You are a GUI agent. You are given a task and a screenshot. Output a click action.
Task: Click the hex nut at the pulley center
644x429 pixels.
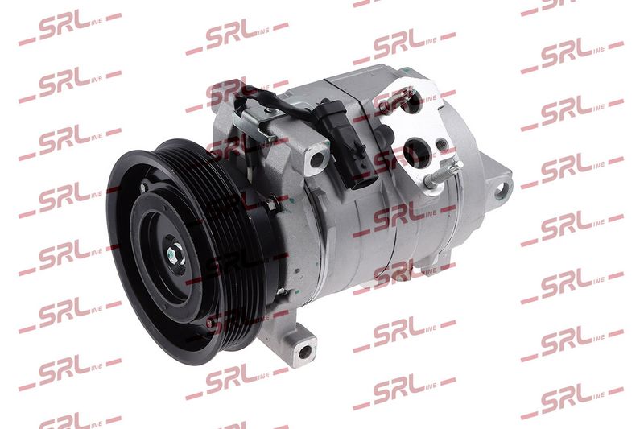click(175, 252)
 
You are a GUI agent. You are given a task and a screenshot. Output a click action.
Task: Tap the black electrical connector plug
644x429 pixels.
click(348, 142)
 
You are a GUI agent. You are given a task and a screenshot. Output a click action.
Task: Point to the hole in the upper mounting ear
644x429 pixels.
click(316, 159)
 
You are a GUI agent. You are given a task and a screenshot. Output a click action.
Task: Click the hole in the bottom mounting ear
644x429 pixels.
click(305, 353)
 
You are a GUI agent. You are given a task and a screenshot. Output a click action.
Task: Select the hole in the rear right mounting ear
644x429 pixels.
click(500, 190)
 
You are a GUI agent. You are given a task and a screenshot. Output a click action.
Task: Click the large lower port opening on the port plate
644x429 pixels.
click(415, 151)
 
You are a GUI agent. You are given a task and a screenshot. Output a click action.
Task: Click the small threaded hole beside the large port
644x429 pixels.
click(441, 145)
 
